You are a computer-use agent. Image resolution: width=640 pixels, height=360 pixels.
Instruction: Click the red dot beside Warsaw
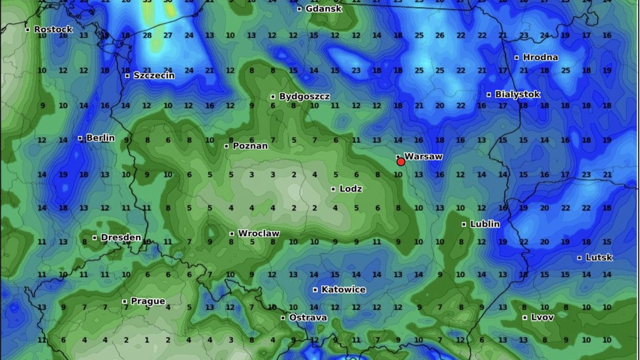click(x=401, y=162)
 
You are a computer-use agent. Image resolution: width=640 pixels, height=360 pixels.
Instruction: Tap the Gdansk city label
click(x=324, y=9)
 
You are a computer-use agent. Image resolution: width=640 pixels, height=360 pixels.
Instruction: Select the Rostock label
click(x=53, y=29)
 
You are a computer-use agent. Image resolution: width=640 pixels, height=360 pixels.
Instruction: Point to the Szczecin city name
click(x=154, y=75)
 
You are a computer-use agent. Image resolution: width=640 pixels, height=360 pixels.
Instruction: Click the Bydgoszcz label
click(x=305, y=97)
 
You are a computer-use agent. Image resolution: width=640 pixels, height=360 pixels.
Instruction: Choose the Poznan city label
click(x=250, y=146)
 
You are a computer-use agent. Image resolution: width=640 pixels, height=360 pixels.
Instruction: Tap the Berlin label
click(x=100, y=138)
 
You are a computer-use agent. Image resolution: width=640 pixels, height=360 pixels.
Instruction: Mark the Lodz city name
click(x=351, y=189)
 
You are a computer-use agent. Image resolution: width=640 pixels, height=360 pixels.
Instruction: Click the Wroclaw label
click(x=259, y=234)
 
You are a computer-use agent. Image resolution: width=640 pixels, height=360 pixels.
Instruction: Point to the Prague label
click(x=148, y=301)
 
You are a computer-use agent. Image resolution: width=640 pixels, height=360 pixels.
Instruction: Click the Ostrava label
click(x=308, y=317)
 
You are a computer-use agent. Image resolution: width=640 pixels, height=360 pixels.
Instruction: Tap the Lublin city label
click(x=485, y=224)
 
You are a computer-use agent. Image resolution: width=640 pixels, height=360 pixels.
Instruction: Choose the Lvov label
click(x=542, y=317)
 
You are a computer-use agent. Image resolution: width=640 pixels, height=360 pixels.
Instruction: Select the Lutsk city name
click(x=599, y=258)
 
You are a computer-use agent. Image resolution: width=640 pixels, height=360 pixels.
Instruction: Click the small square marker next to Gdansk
click(x=299, y=9)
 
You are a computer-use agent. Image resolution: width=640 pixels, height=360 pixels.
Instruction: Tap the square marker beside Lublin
click(x=464, y=225)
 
